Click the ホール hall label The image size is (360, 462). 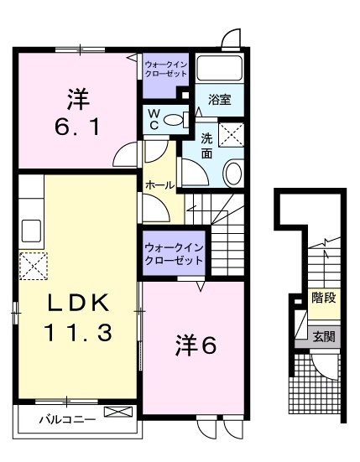[x=159, y=184]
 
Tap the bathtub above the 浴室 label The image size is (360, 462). [x=219, y=69]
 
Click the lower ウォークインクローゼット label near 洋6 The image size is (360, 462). [x=174, y=253]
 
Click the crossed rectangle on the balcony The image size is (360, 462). [x=117, y=412]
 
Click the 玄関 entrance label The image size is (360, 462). [x=323, y=337]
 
